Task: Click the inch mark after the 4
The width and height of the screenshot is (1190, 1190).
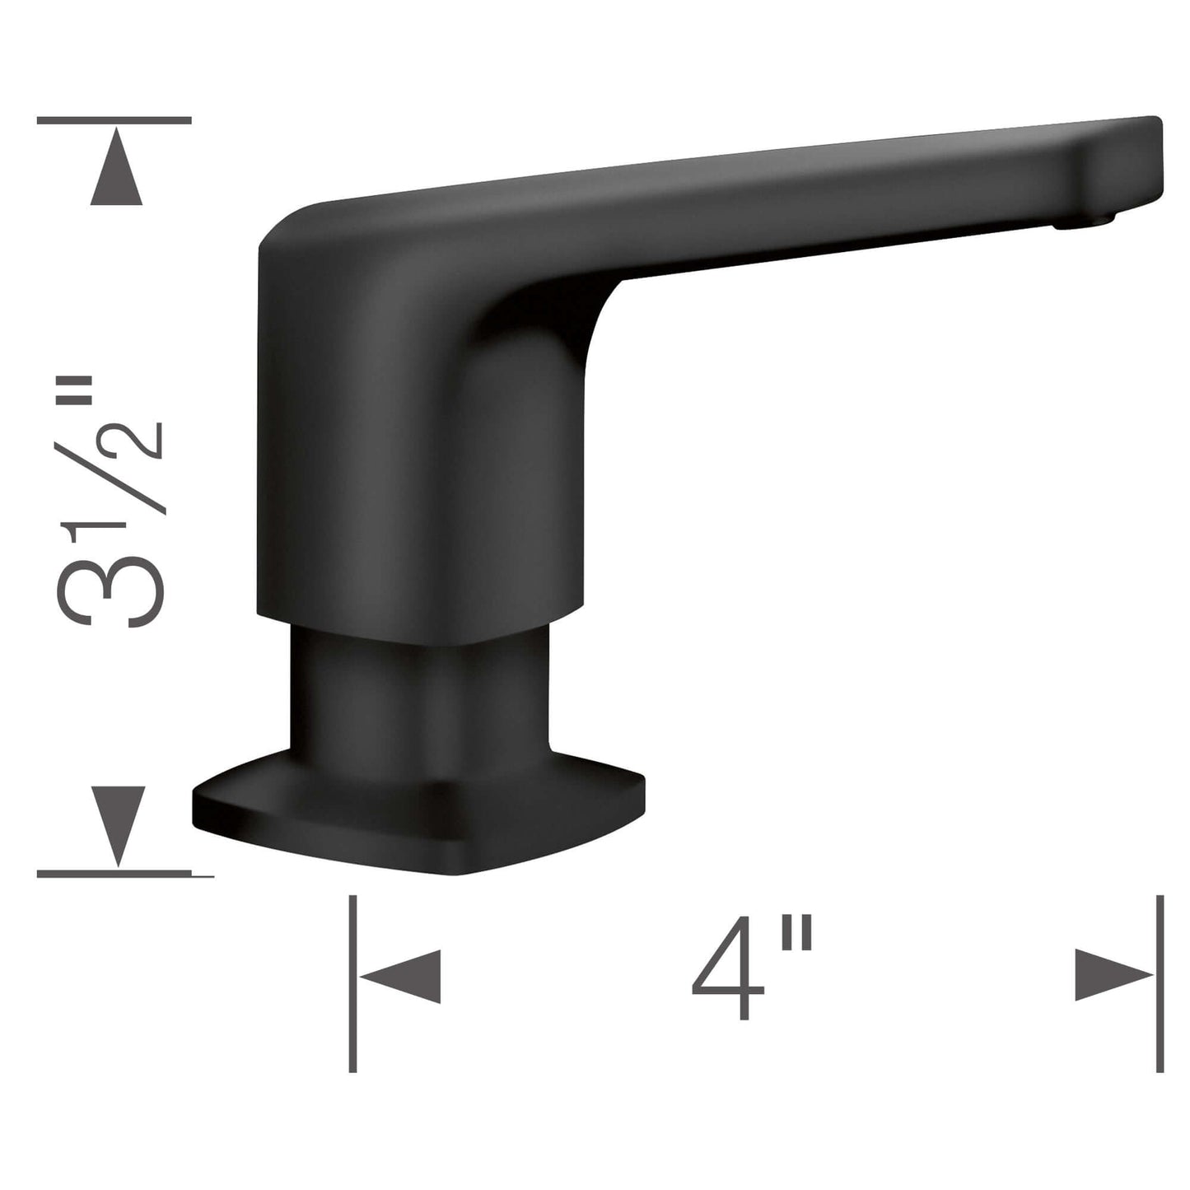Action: pos(797,939)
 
